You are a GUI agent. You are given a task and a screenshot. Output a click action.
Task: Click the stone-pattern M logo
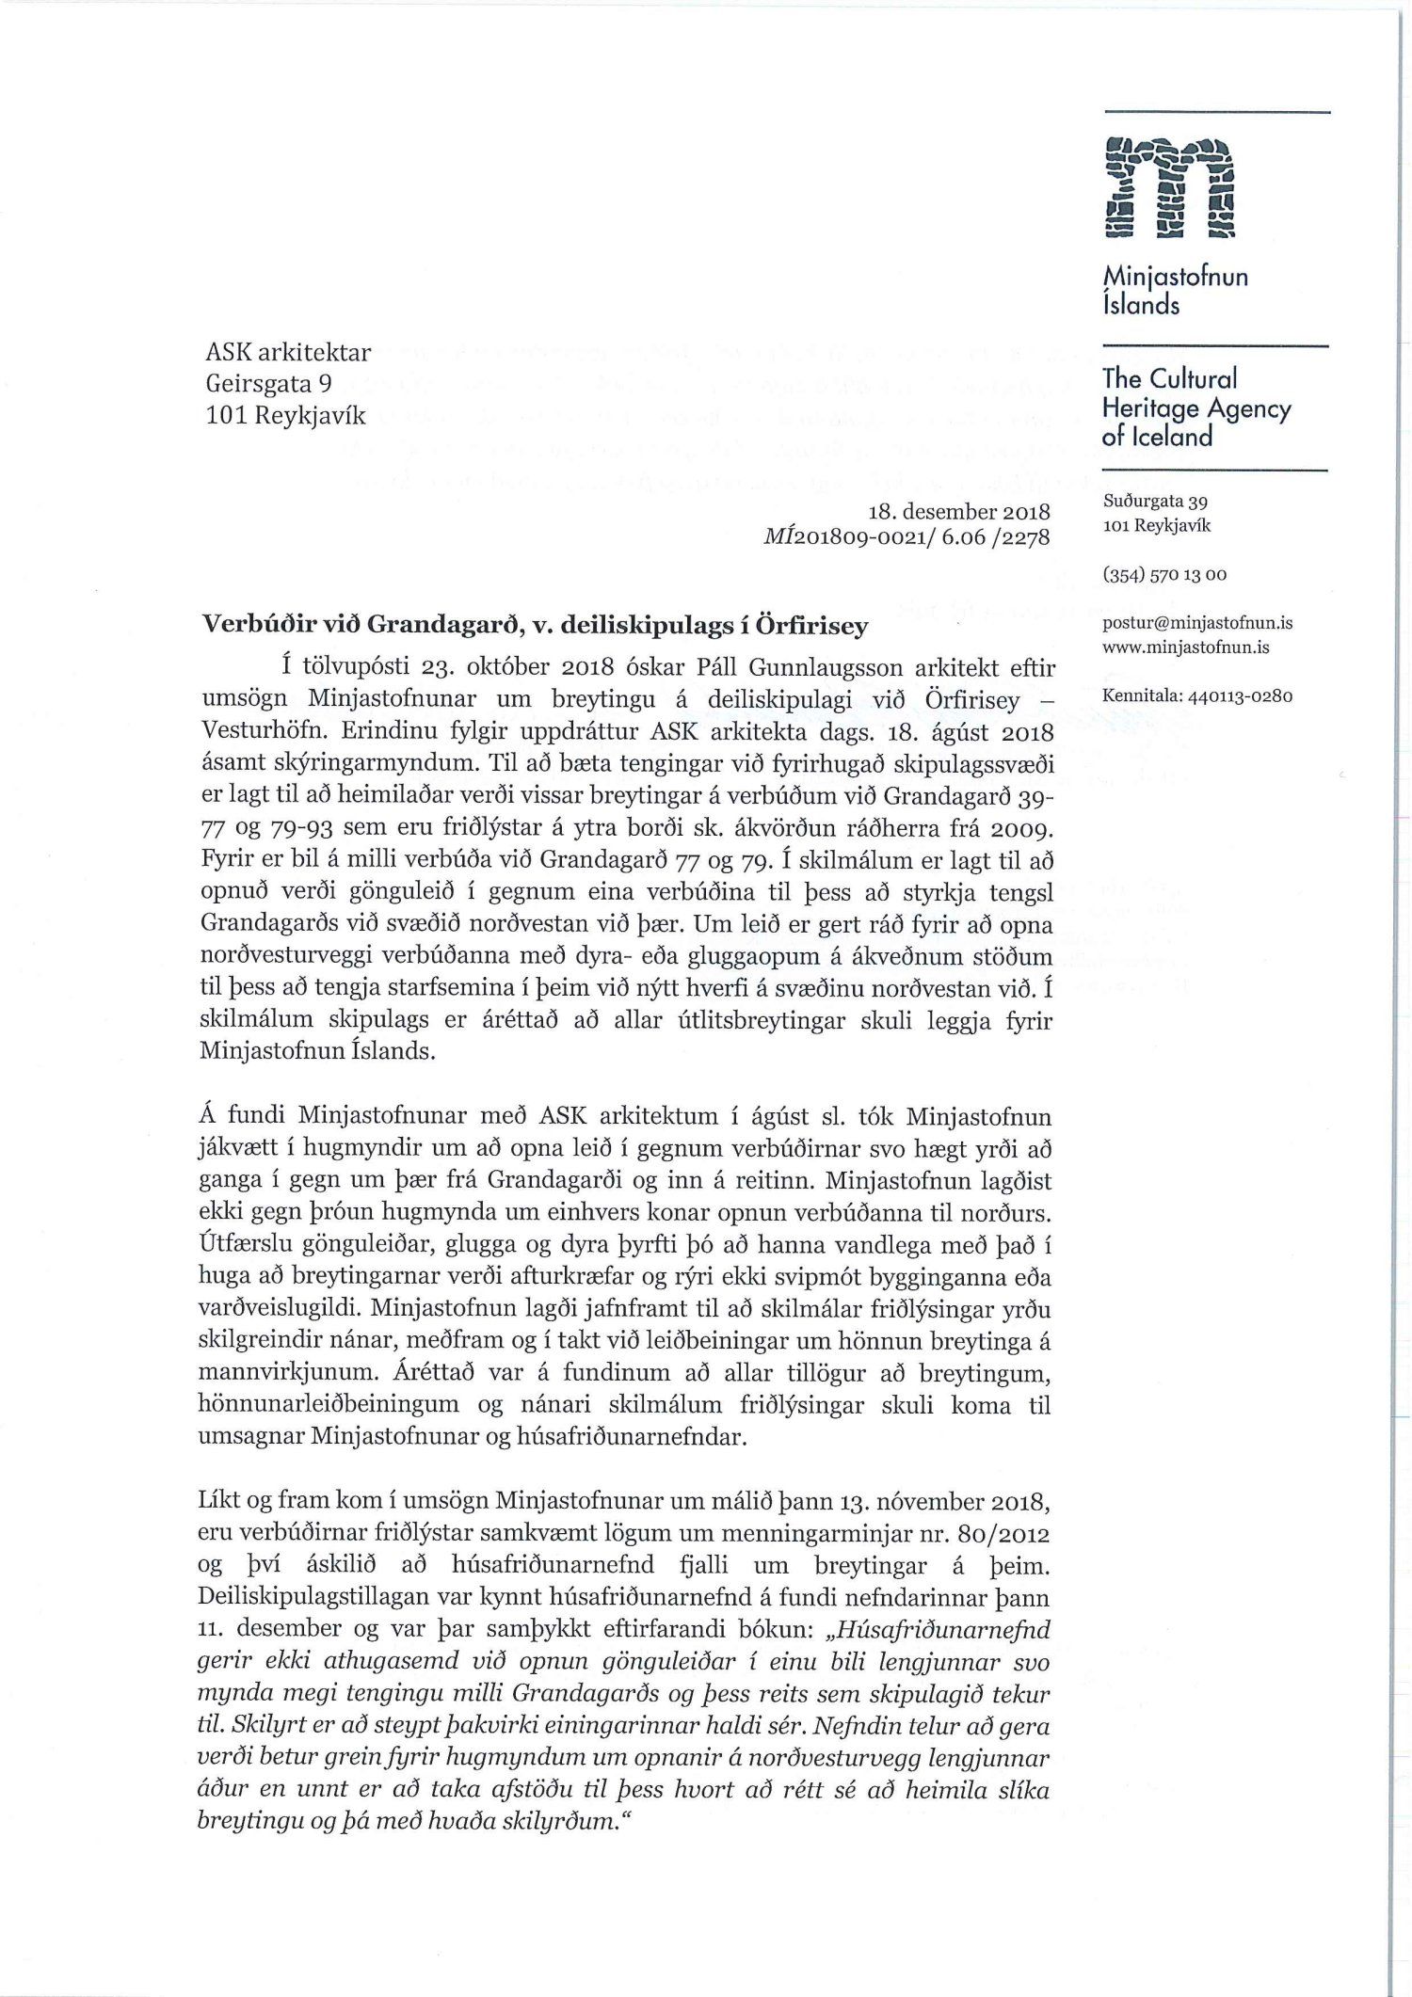tap(1169, 187)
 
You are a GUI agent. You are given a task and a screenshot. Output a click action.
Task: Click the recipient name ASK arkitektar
tap(288, 353)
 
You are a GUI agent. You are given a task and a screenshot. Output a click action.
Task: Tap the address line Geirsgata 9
tap(269, 384)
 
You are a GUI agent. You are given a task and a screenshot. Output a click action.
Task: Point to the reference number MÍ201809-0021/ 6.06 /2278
tap(907, 537)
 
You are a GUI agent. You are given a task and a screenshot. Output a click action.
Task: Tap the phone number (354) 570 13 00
tap(1164, 574)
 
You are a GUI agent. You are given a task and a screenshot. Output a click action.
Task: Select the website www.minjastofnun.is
tap(1186, 647)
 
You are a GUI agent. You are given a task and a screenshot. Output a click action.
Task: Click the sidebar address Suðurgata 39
tap(1155, 503)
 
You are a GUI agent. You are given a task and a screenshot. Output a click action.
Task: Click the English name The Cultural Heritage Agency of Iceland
tap(1195, 407)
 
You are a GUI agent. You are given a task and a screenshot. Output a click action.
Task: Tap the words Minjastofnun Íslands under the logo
tap(1175, 290)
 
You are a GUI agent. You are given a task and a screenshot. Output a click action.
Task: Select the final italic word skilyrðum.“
tap(564, 1822)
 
